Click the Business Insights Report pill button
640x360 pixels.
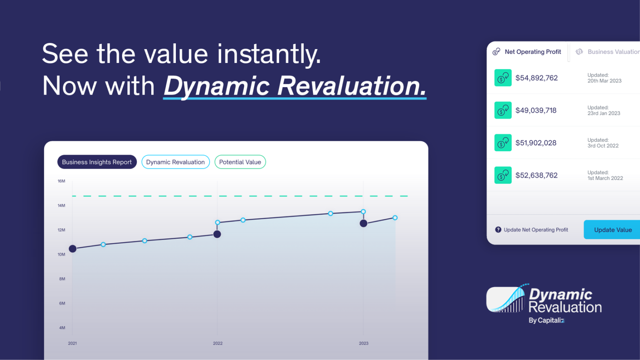point(97,162)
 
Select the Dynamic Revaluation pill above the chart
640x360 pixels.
point(175,162)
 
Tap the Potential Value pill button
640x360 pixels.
point(240,162)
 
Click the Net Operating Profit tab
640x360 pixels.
point(527,52)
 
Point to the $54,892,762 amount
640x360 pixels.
point(536,78)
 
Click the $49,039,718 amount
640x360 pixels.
point(536,110)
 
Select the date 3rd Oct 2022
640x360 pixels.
point(603,146)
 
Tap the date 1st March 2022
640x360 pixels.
point(605,178)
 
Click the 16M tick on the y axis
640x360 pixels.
point(61,181)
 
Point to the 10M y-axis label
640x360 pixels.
point(61,254)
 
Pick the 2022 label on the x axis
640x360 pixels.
point(218,343)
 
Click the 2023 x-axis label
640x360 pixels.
point(363,343)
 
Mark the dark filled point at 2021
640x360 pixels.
point(72,249)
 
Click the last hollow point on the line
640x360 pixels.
point(395,218)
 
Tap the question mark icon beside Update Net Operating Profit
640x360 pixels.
point(498,230)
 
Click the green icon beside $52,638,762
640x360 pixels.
point(503,175)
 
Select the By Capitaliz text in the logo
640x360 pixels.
point(546,320)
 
